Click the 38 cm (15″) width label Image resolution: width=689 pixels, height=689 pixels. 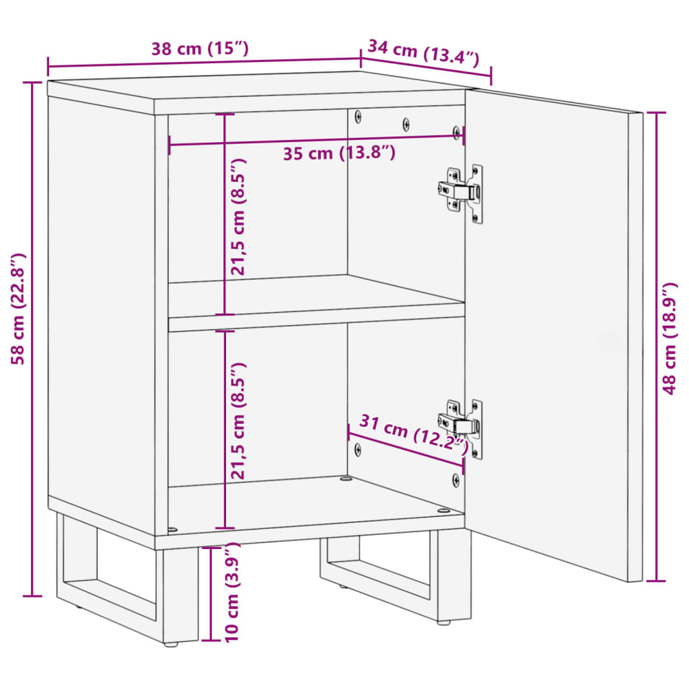200,48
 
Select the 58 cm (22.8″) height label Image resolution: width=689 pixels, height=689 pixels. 18,309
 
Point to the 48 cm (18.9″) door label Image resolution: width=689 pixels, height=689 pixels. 669,339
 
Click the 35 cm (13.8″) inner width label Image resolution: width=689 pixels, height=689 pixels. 339,153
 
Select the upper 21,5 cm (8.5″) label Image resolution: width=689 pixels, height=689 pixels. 238,217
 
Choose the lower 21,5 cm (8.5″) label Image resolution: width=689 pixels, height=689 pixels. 238,421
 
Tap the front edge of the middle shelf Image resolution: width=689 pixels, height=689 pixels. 316,324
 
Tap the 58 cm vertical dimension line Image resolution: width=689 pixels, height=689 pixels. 32,339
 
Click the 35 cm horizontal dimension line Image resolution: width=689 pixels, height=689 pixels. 316,140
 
